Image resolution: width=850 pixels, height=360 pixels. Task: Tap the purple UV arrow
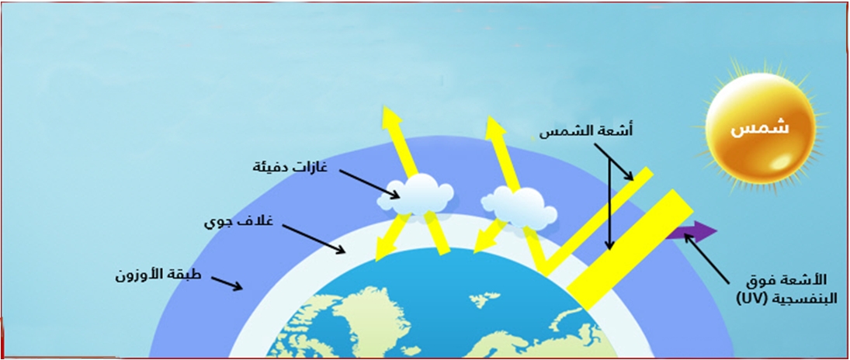[692, 232]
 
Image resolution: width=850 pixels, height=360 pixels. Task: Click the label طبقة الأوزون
[158, 275]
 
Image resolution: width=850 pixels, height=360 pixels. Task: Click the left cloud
[416, 195]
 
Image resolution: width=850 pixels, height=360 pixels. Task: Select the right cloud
[519, 207]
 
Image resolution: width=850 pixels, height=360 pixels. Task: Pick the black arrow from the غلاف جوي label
[314, 239]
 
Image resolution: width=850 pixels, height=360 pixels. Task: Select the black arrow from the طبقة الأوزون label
[227, 283]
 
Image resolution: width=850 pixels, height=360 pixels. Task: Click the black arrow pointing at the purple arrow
[707, 259]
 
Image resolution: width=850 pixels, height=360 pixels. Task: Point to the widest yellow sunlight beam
[630, 249]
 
